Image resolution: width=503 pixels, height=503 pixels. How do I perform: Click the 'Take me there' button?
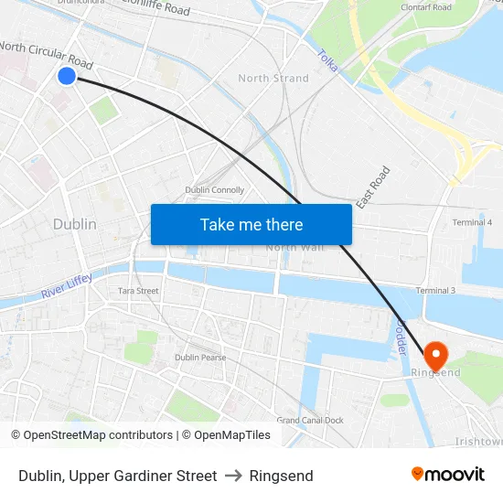tap(251, 224)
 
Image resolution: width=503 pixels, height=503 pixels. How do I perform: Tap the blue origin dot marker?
tap(67, 76)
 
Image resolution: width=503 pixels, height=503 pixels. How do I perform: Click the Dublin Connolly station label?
tap(214, 190)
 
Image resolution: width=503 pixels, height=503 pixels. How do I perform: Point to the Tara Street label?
tap(138, 291)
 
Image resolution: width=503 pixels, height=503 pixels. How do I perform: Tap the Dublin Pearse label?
tap(200, 358)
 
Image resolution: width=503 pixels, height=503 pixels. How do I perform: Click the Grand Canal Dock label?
tap(310, 421)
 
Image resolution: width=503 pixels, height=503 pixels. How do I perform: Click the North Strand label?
tap(273, 79)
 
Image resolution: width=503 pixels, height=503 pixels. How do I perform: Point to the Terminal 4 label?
tap(472, 222)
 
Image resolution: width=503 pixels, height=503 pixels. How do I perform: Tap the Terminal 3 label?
tap(435, 291)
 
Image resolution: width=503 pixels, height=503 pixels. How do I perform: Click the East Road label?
tap(374, 187)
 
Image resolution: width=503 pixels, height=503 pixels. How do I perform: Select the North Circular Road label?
tap(46, 54)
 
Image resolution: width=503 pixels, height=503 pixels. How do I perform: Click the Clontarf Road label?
tap(426, 7)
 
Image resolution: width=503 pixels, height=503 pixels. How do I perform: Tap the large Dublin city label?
tap(74, 224)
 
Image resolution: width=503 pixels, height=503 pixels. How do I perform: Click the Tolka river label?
tap(327, 60)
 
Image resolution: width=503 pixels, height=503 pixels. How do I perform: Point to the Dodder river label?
tap(401, 337)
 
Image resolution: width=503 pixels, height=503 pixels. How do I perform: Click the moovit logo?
tap(447, 474)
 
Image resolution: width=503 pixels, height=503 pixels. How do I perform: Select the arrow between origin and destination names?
tap(232, 476)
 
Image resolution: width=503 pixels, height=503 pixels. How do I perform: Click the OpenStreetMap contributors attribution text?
tap(92, 435)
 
